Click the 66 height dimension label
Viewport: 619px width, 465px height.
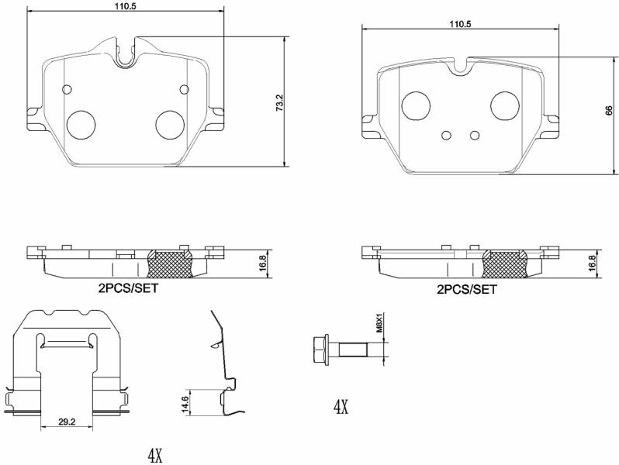[x=609, y=110]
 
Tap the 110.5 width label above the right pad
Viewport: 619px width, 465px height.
[x=460, y=24]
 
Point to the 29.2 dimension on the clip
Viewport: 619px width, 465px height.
[x=67, y=422]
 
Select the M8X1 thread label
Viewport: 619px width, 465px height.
[x=379, y=323]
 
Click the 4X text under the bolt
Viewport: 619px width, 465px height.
[x=341, y=407]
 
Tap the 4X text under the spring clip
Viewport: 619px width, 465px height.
[x=155, y=456]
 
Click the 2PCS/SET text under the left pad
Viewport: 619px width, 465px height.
[x=128, y=288]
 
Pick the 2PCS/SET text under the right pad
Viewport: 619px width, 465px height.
[x=467, y=290]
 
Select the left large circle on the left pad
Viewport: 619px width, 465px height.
[x=81, y=125]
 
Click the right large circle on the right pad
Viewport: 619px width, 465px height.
[x=505, y=105]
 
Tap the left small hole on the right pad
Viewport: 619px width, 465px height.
[x=447, y=136]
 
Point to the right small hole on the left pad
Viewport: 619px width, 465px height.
[x=185, y=90]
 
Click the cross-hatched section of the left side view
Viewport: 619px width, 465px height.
[x=170, y=263]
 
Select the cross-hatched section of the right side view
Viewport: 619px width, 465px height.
[x=506, y=263]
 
